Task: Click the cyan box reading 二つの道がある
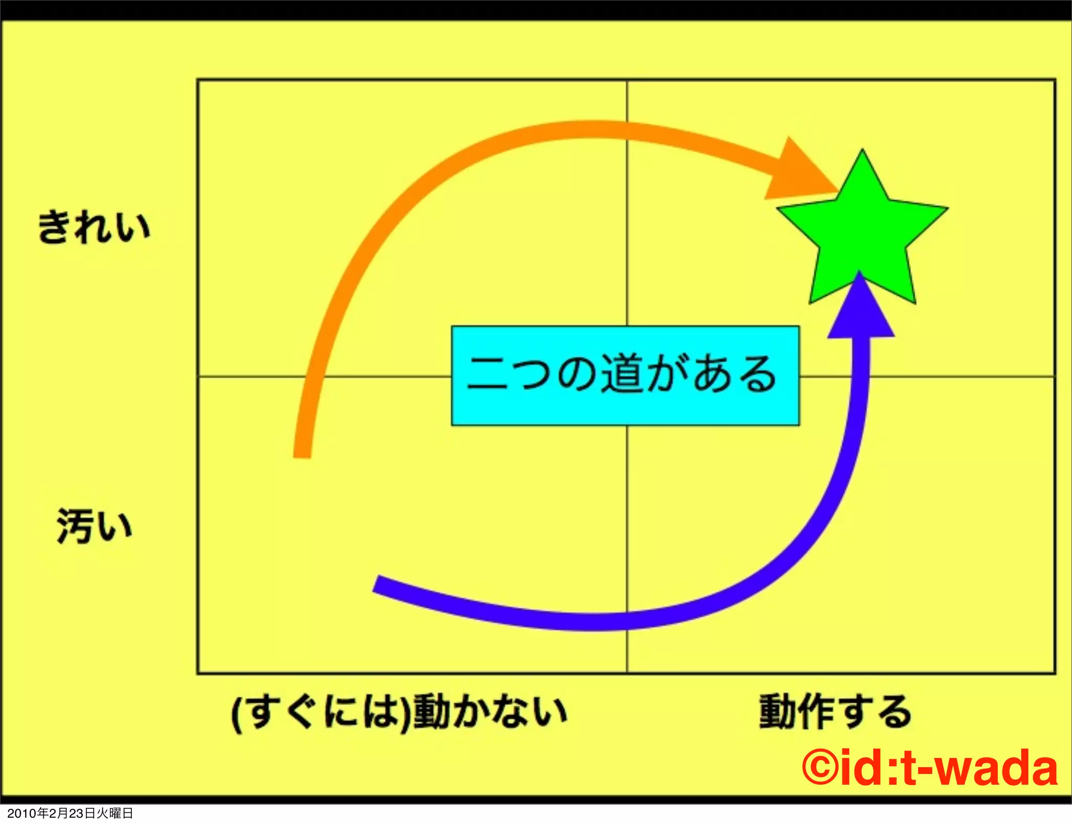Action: [625, 375]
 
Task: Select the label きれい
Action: [94, 227]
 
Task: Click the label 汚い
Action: [94, 526]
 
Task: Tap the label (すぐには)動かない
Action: [399, 712]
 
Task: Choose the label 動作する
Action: [835, 712]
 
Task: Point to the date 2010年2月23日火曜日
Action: [70, 813]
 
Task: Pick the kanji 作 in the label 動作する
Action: [817, 712]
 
